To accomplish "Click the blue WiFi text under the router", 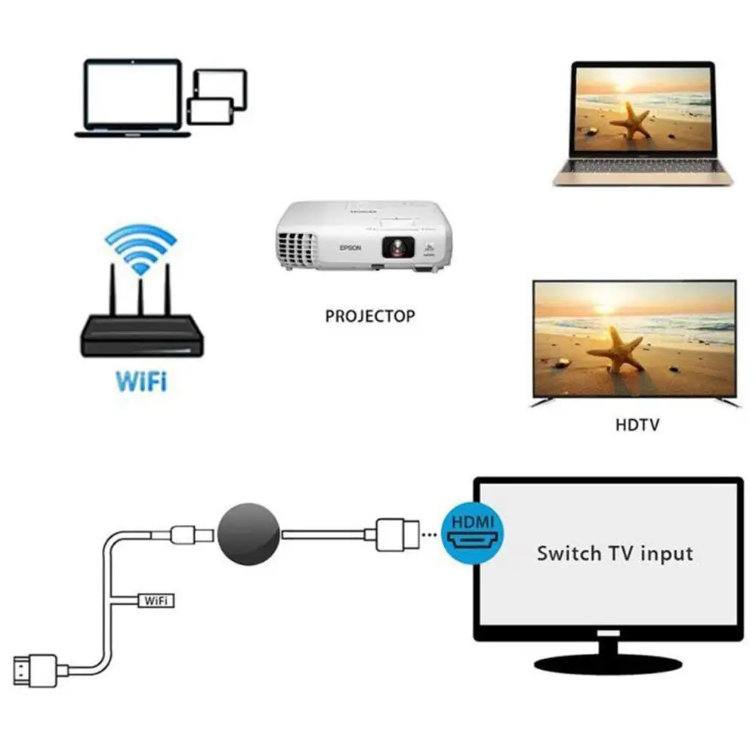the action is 141,380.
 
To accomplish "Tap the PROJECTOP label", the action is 370,316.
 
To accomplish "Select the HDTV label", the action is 637,424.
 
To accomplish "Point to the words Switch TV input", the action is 614,553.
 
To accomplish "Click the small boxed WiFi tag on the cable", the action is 156,600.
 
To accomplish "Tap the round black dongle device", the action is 248,535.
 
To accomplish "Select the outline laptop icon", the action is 133,98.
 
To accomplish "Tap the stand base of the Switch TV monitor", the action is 607,662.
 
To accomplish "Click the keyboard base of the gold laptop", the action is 643,176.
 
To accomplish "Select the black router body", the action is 141,337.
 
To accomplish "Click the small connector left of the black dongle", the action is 184,535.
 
